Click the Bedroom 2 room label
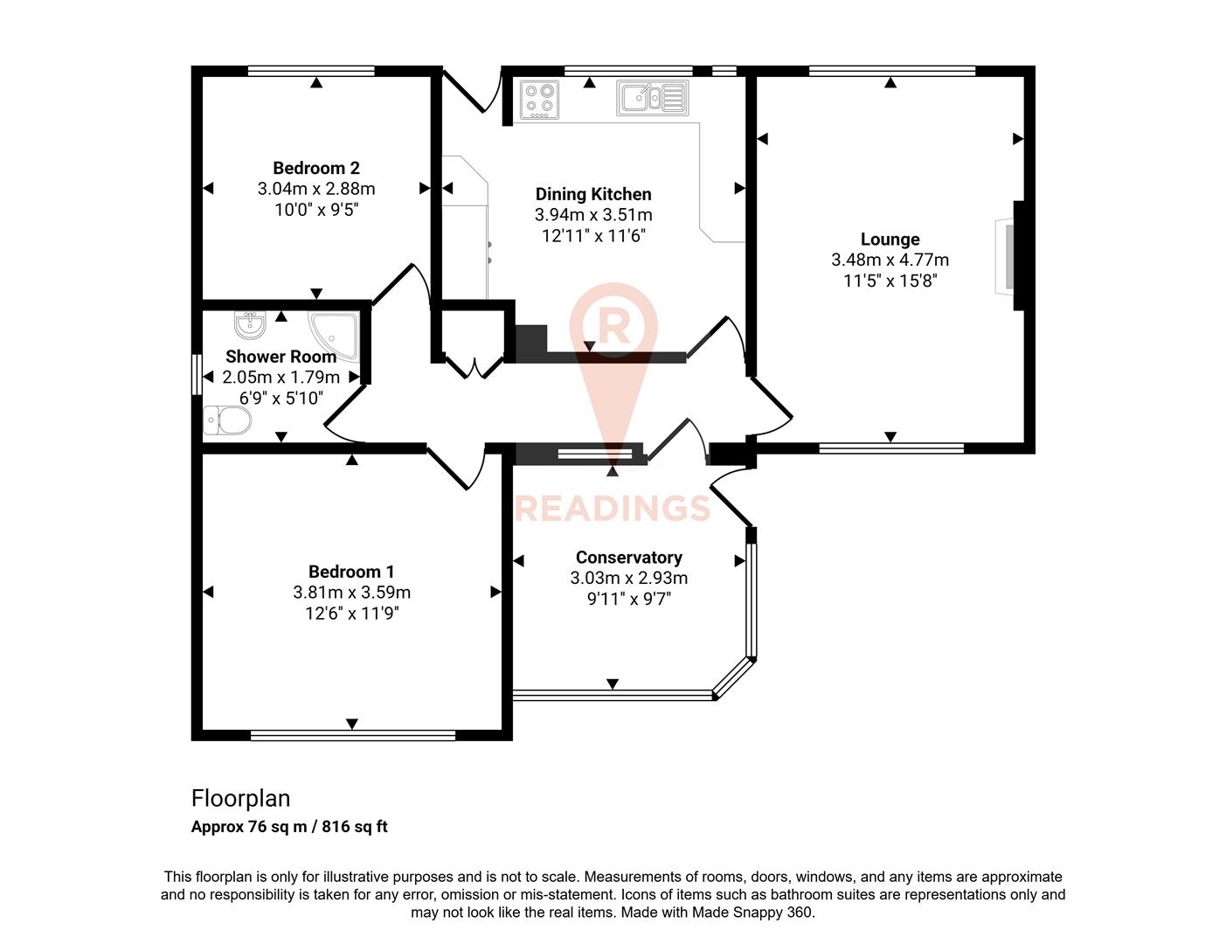(x=315, y=168)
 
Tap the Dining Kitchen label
(x=592, y=194)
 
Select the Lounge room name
(x=890, y=239)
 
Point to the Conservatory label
(x=628, y=557)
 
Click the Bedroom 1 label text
(x=351, y=572)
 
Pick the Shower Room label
(x=281, y=357)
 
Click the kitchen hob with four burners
(x=539, y=99)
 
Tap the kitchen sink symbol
(x=652, y=97)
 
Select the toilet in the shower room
(x=226, y=420)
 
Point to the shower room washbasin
(x=250, y=325)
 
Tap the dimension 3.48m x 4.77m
(x=890, y=260)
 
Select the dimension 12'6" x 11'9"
(x=351, y=614)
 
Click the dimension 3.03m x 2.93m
(x=628, y=578)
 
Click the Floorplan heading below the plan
(x=240, y=798)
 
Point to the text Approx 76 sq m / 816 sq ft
(x=289, y=827)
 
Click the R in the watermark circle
(x=613, y=327)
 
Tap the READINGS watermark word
(x=613, y=508)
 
